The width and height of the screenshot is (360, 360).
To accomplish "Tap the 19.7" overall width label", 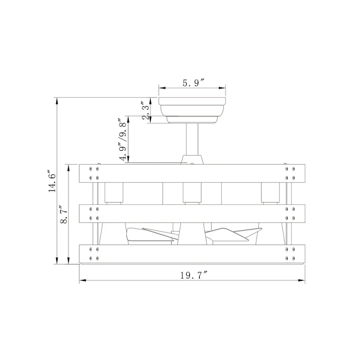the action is click(x=193, y=275).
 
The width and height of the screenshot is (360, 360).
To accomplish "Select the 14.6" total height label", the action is click(x=52, y=181).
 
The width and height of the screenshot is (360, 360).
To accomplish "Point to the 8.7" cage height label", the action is click(x=63, y=214).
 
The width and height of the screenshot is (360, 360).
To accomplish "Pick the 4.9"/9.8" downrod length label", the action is click(x=123, y=139).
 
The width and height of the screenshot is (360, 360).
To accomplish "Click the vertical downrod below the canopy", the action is click(x=192, y=139).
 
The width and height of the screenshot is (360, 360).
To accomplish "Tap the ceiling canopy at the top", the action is click(x=192, y=110).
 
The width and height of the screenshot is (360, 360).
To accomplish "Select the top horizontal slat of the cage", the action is click(x=192, y=173).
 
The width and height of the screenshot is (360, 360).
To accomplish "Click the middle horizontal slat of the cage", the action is click(x=192, y=213).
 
